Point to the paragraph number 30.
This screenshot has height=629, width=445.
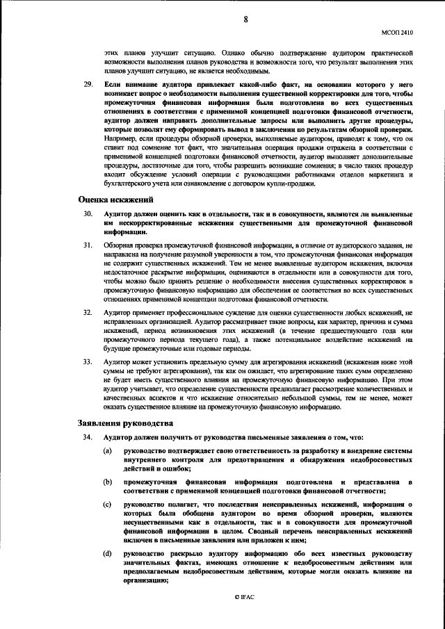pyautogui.click(x=87, y=215)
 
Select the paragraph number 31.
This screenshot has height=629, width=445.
pyautogui.click(x=87, y=245)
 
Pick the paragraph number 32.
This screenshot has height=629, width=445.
pyautogui.click(x=87, y=314)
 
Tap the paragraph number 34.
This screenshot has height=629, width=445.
pyautogui.click(x=87, y=438)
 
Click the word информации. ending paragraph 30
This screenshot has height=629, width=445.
pyautogui.click(x=124, y=233)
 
